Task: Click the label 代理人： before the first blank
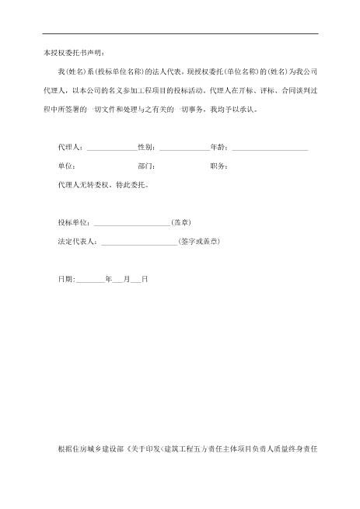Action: pos(72,146)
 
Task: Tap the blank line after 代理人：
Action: pos(111,148)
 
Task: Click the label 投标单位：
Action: pos(75,222)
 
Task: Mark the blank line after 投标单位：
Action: pos(131,225)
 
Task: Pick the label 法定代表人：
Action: pos(79,241)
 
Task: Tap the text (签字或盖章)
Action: pos(199,241)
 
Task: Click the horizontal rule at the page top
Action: pos(180,33)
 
